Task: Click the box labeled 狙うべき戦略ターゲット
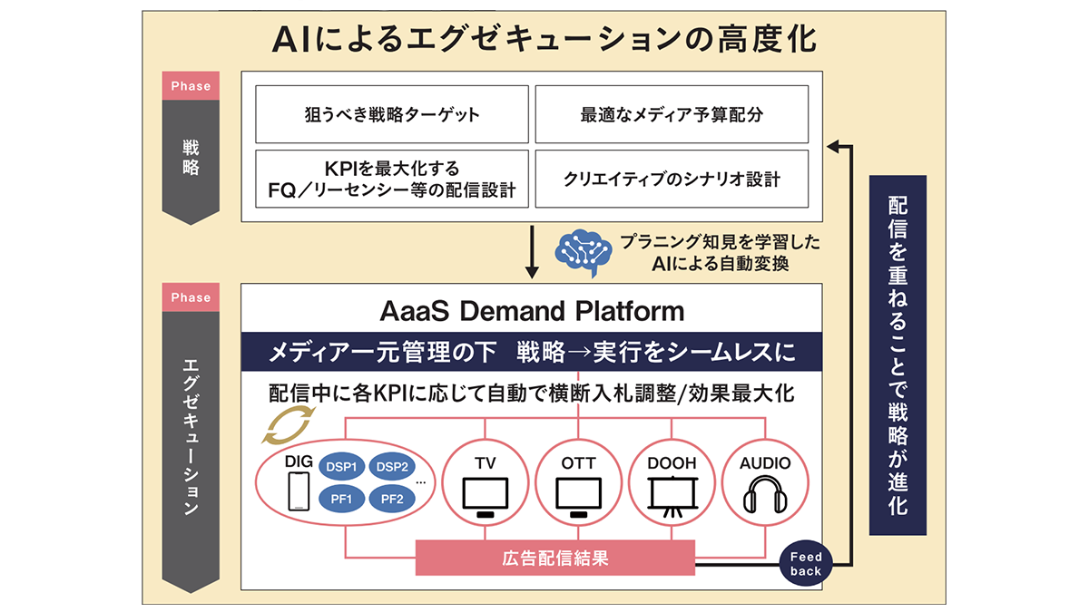click(x=392, y=115)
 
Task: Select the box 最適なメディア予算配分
click(x=671, y=115)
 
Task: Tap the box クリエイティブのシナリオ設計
click(x=671, y=179)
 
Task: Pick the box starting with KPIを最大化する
click(x=392, y=179)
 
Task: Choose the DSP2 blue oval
click(x=393, y=465)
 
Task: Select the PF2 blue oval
click(x=393, y=497)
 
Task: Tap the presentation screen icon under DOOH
click(x=672, y=497)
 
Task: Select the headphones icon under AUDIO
click(x=765, y=497)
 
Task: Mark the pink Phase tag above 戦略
click(x=191, y=86)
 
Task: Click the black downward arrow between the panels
click(x=533, y=253)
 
